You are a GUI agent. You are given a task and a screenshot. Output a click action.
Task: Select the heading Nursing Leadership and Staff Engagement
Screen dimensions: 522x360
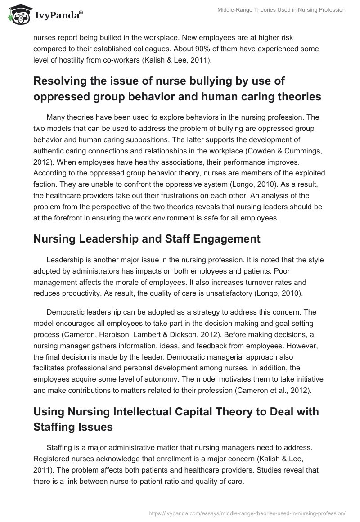pyautogui.click(x=146, y=239)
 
